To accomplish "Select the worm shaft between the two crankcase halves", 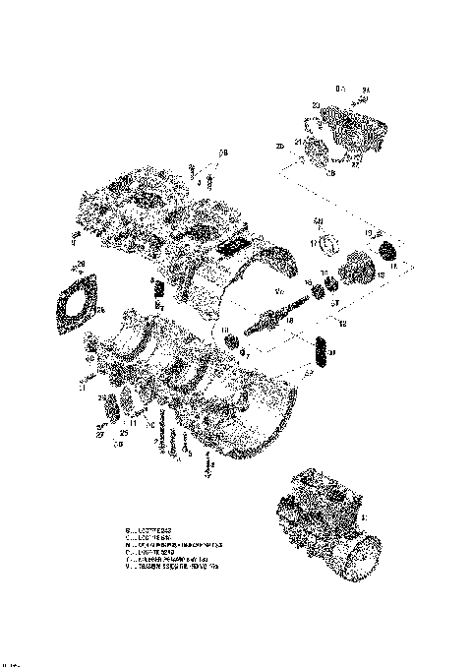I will click(x=272, y=319).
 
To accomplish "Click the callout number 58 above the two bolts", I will click(x=223, y=152).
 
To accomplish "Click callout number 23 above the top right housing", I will click(x=315, y=104).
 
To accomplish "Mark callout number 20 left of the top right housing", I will click(x=280, y=147).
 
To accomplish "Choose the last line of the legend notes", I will click(x=179, y=570).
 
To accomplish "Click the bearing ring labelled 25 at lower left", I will click(x=111, y=404).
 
